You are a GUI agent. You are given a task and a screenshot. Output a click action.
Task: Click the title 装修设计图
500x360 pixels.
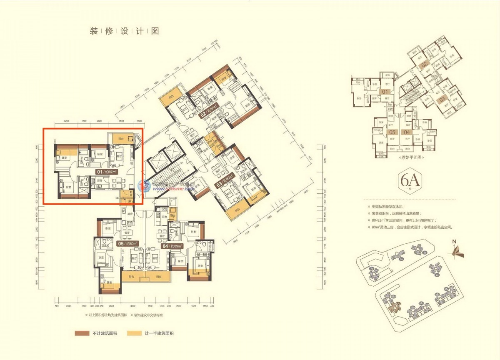click(x=124, y=31)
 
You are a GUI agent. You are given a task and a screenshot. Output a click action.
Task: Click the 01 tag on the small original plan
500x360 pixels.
click(x=385, y=92)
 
